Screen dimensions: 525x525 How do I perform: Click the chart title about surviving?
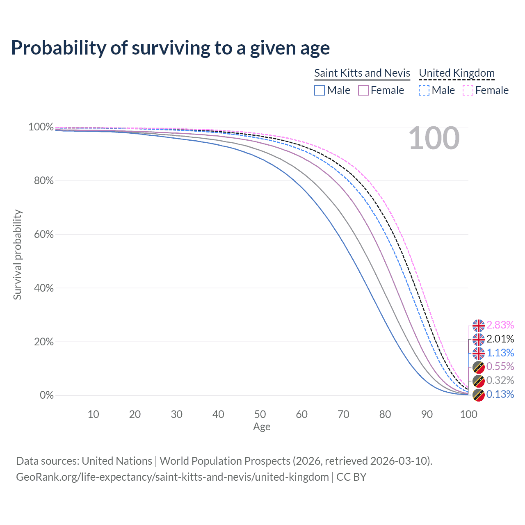(170, 48)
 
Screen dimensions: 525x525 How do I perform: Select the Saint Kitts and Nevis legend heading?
(362, 73)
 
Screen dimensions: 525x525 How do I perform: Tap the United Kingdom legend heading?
(457, 73)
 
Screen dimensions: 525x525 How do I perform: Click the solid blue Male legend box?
(320, 90)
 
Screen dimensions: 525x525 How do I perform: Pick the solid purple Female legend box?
(363, 90)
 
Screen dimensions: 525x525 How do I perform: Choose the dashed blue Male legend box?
(424, 90)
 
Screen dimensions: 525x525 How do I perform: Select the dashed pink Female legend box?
(468, 90)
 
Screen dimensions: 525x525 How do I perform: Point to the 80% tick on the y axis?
(44, 181)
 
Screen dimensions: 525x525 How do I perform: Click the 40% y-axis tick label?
(44, 288)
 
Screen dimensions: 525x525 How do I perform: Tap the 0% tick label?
(47, 395)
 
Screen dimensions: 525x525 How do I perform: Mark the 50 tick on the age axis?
(260, 414)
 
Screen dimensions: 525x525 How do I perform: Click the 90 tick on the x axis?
(427, 414)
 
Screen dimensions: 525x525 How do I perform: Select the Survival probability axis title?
(17, 255)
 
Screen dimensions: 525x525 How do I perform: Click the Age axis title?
(262, 427)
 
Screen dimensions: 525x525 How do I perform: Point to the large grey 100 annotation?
(434, 139)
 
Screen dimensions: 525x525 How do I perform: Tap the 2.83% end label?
(500, 325)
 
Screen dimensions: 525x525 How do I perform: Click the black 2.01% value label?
(500, 339)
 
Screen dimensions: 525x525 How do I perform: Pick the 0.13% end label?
(500, 395)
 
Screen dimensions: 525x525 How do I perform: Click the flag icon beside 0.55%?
(478, 367)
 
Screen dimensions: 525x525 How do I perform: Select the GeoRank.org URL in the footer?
(172, 477)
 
